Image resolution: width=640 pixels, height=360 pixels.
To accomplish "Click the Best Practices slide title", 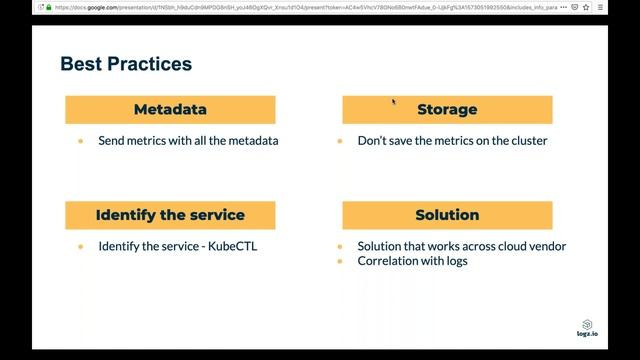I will (126, 65).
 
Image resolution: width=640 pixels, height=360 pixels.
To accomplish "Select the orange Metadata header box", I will (170, 110).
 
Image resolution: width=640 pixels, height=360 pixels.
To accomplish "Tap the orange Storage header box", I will (447, 110).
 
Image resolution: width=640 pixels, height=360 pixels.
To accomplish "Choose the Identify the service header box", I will (170, 215).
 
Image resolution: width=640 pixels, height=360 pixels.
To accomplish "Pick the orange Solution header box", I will (447, 215).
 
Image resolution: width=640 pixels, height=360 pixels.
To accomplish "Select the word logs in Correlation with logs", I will (455, 261).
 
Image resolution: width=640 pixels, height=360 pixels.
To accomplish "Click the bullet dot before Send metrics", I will (81, 141).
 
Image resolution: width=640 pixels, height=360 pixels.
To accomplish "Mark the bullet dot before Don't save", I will (340, 141).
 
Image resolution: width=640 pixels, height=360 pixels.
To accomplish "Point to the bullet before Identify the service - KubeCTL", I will (81, 246).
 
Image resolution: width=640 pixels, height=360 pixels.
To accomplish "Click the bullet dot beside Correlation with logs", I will (340, 261).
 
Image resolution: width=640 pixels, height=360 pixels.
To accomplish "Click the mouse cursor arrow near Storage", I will (393, 101).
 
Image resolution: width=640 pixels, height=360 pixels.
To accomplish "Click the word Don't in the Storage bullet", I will (374, 141).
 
